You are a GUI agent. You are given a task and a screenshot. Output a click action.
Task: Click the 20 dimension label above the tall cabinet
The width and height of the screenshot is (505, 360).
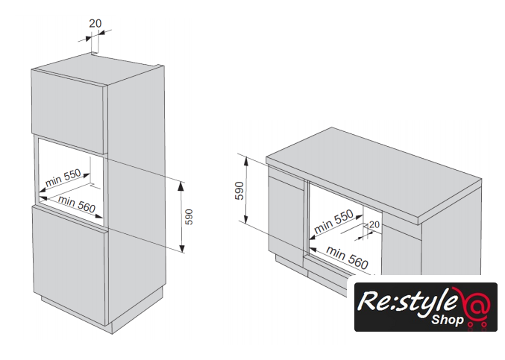click(x=95, y=24)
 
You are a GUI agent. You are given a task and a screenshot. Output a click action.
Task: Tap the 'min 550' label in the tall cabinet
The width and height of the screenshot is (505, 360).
click(x=63, y=177)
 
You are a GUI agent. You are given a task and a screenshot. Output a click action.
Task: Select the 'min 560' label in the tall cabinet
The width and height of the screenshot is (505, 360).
click(x=77, y=204)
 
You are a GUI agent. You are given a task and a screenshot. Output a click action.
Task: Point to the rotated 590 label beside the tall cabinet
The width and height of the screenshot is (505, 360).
click(x=189, y=217)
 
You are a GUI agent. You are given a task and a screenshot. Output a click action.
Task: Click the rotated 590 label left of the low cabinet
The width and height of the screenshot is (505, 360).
click(x=239, y=191)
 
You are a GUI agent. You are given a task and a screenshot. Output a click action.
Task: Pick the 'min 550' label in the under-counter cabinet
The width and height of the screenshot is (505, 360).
click(x=333, y=221)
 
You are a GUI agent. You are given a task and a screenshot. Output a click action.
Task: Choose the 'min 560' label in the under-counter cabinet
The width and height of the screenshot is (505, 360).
click(x=347, y=257)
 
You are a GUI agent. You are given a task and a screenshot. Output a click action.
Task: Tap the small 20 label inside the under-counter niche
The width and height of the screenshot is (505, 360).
click(x=374, y=224)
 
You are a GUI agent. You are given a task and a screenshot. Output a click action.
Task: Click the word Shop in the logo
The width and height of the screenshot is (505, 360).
click(x=448, y=320)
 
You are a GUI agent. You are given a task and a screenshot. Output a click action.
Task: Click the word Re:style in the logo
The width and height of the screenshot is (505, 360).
click(x=407, y=302)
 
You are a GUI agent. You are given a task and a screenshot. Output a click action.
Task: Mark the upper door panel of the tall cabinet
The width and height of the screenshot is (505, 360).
click(x=69, y=111)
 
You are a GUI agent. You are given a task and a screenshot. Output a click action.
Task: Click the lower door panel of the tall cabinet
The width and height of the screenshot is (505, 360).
click(x=69, y=264)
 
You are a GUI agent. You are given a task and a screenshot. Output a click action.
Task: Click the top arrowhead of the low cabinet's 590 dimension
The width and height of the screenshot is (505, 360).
click(x=246, y=160)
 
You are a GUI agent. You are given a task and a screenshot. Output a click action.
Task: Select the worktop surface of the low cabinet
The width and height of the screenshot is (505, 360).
click(x=374, y=172)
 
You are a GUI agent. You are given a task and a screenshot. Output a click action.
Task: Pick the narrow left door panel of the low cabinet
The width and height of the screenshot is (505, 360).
click(x=286, y=216)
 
